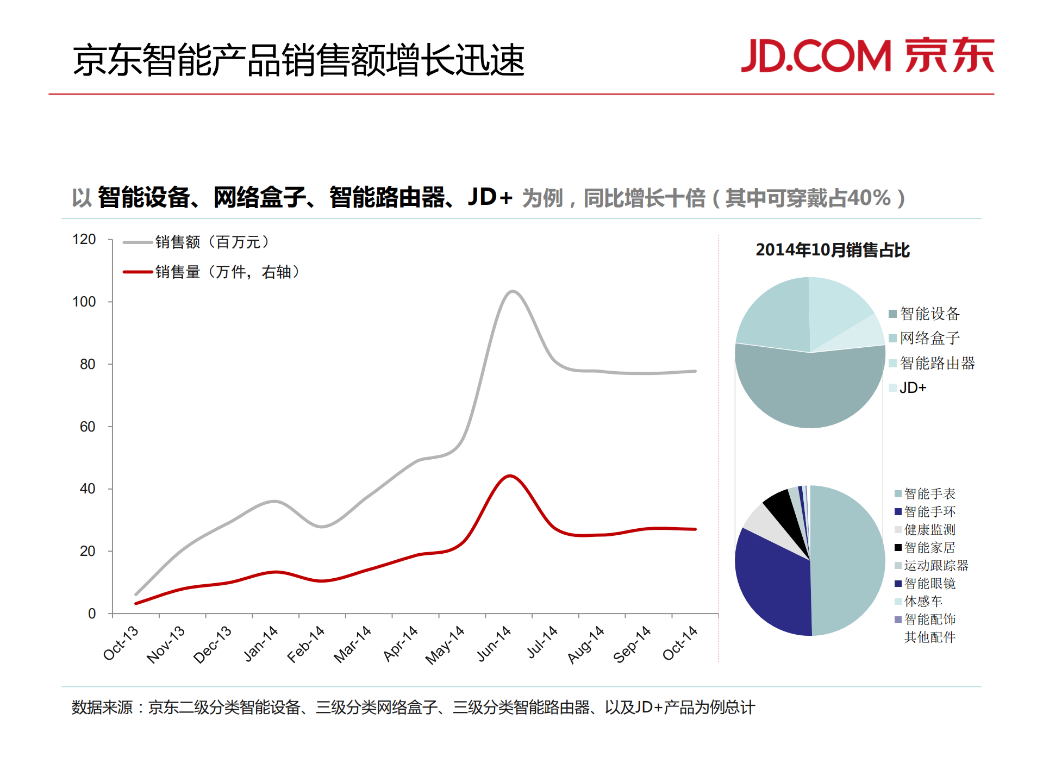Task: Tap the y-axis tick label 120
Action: click(84, 239)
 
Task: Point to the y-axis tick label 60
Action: click(87, 427)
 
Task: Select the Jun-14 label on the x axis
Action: click(494, 643)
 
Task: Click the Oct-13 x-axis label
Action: click(121, 643)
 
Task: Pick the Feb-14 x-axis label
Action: click(306, 645)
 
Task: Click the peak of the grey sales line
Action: click(512, 292)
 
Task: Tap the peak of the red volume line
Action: click(509, 476)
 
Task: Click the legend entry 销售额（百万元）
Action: click(212, 242)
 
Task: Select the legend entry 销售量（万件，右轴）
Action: click(227, 272)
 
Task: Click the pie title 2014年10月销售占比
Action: click(832, 250)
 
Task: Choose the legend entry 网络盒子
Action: click(929, 338)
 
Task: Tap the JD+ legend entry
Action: click(913, 387)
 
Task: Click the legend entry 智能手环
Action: click(929, 511)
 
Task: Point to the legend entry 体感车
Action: click(923, 601)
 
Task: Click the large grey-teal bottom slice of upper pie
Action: click(810, 391)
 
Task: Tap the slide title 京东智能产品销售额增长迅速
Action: click(298, 60)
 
